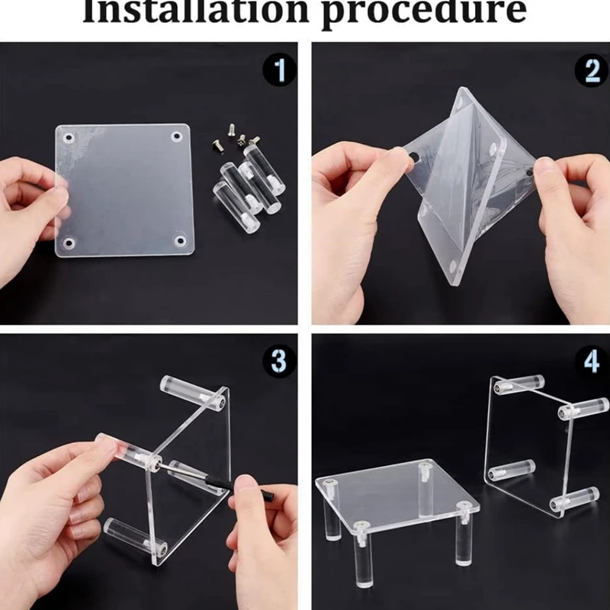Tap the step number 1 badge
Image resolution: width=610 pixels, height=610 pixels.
pos(279,70)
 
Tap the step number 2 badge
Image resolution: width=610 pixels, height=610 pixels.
pos(592,70)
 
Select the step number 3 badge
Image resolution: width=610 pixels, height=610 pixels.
pos(279,361)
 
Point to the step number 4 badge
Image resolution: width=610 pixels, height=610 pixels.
pos(592,361)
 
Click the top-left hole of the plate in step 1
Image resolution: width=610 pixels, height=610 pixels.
pos(69,138)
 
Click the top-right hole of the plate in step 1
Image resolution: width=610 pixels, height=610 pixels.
pos(176,137)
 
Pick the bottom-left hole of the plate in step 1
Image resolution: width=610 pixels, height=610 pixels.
pos(69,243)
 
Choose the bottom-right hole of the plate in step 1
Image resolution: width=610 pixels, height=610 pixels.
pos(180,240)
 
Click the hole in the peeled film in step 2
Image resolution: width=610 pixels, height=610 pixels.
pos(414,158)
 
